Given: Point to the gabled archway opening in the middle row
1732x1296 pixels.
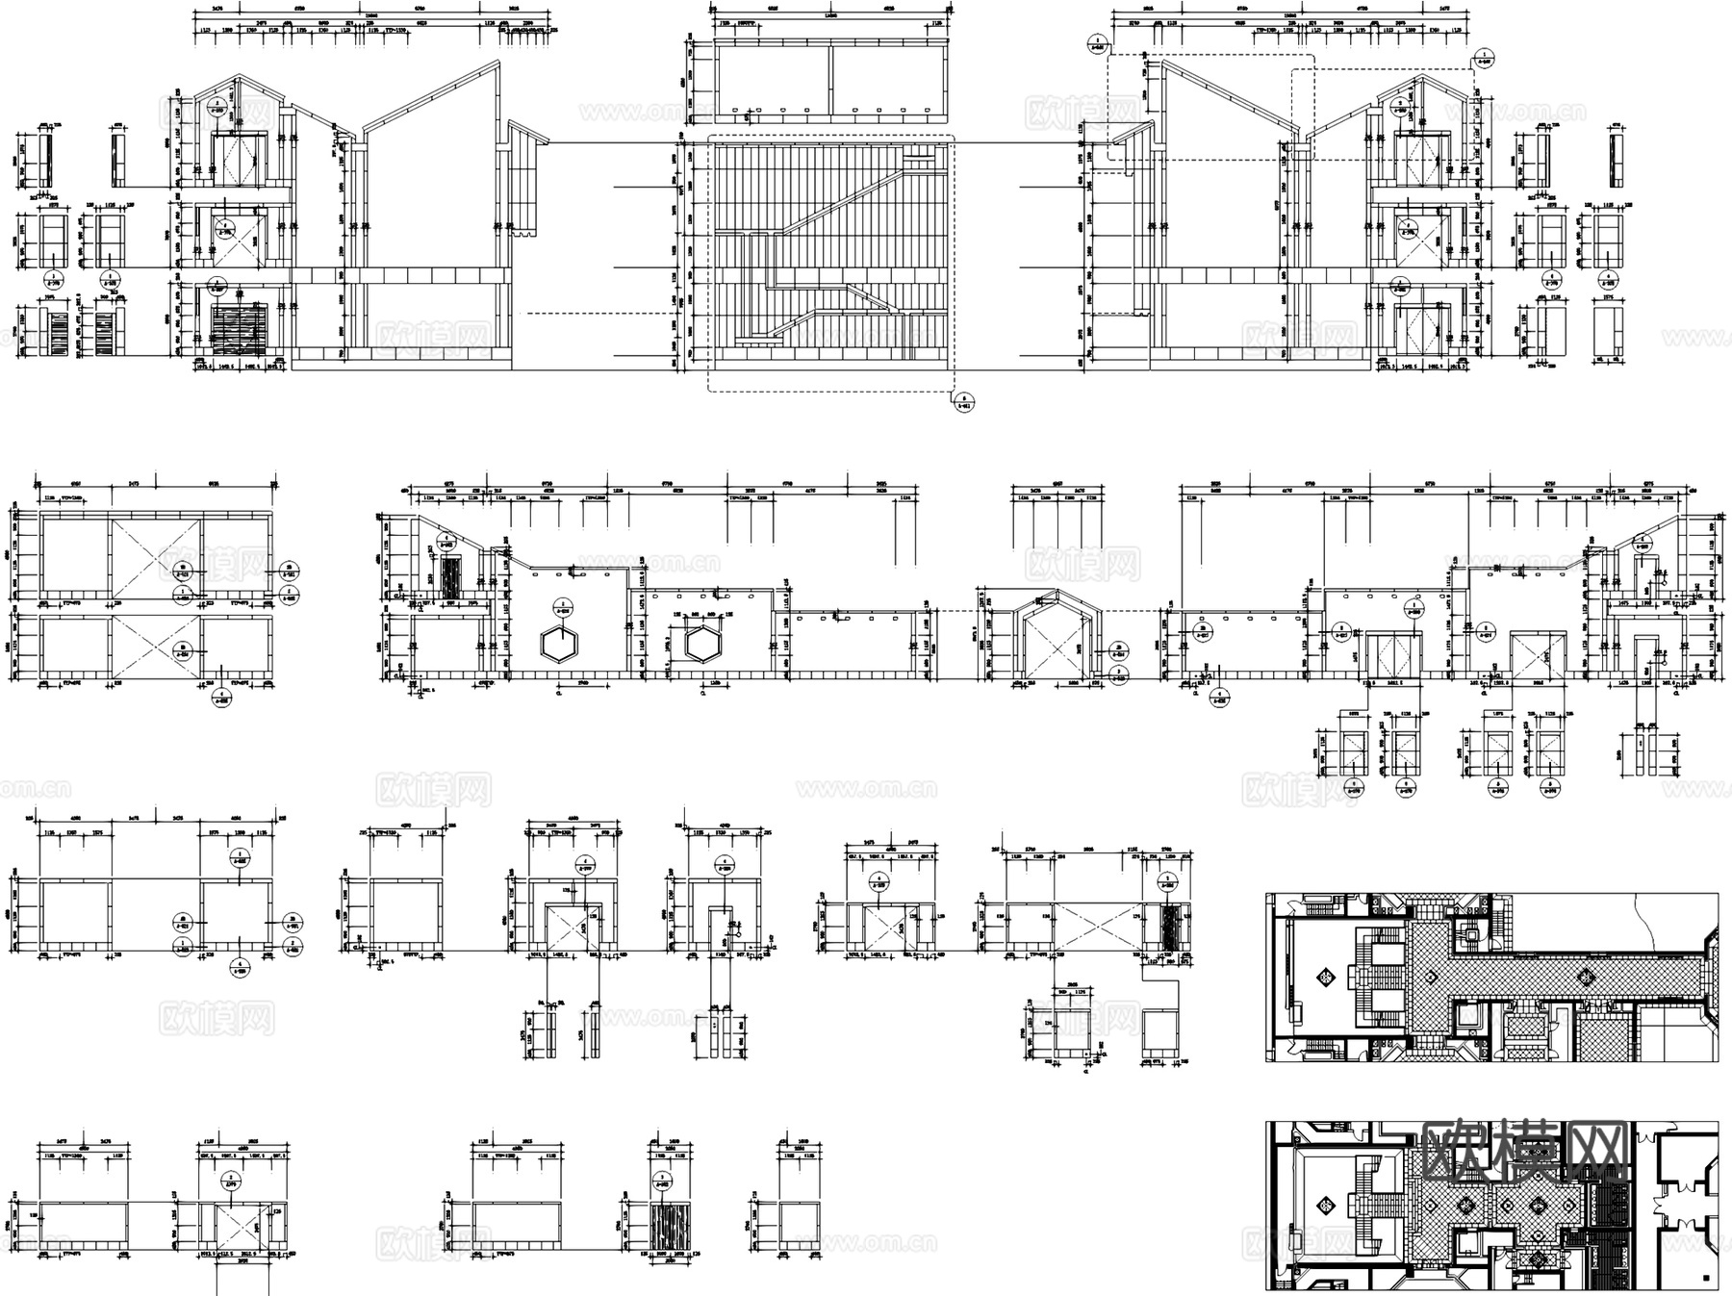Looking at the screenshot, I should click(1056, 645).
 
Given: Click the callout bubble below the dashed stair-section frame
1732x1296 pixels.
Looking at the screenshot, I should click(964, 401).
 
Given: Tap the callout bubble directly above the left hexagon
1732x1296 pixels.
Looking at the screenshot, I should click(562, 607).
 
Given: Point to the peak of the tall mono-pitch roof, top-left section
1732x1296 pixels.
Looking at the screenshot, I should click(497, 64).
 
